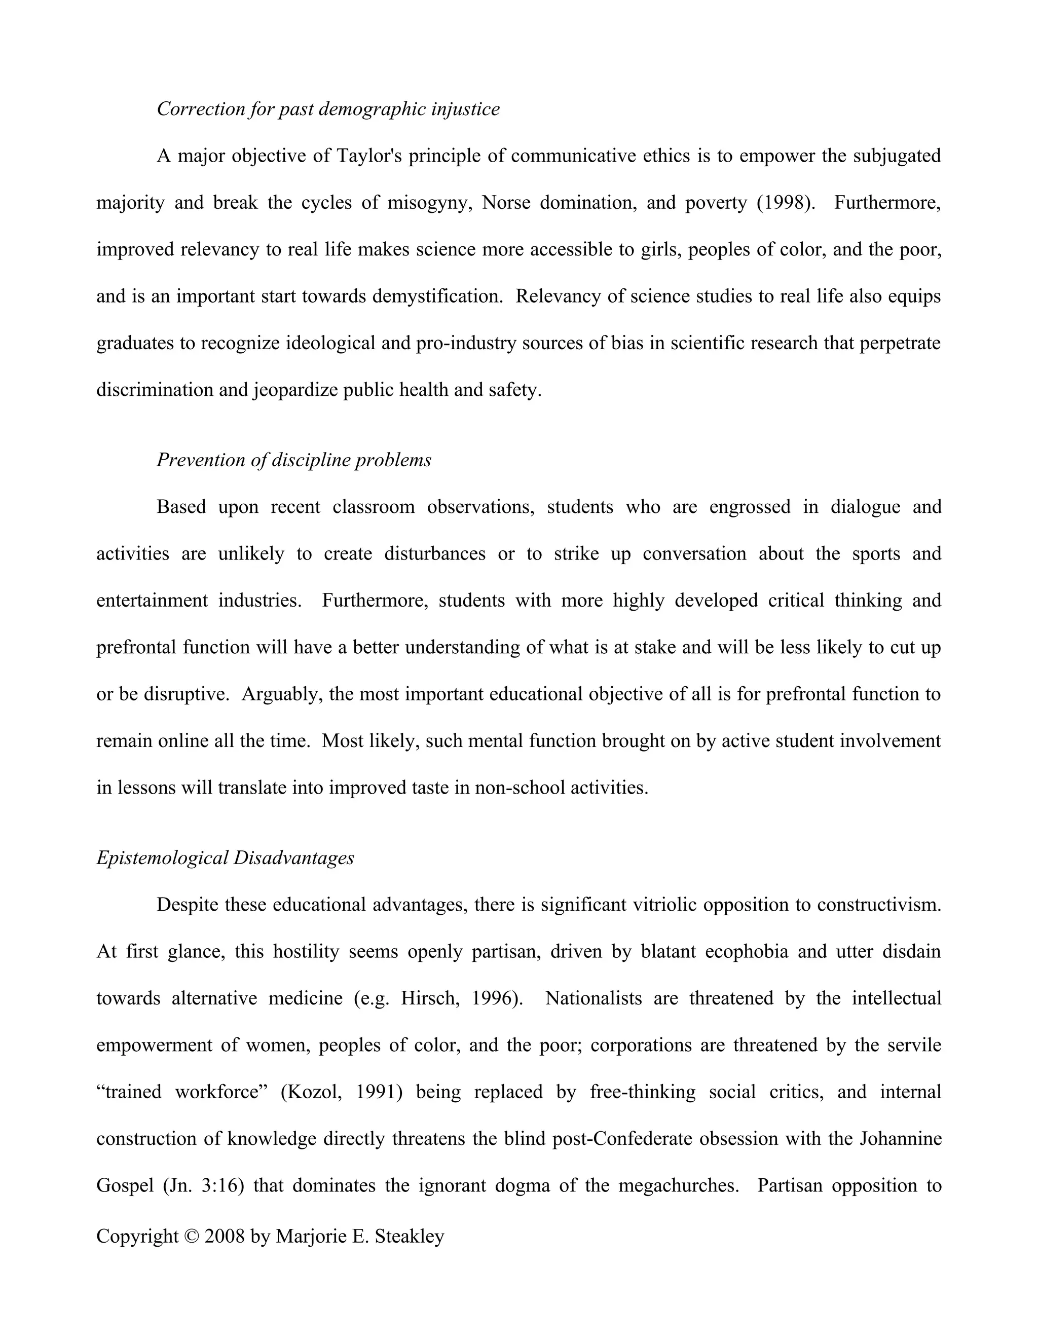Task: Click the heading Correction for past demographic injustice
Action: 328,109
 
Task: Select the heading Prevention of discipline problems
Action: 294,460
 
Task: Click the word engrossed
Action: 750,507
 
